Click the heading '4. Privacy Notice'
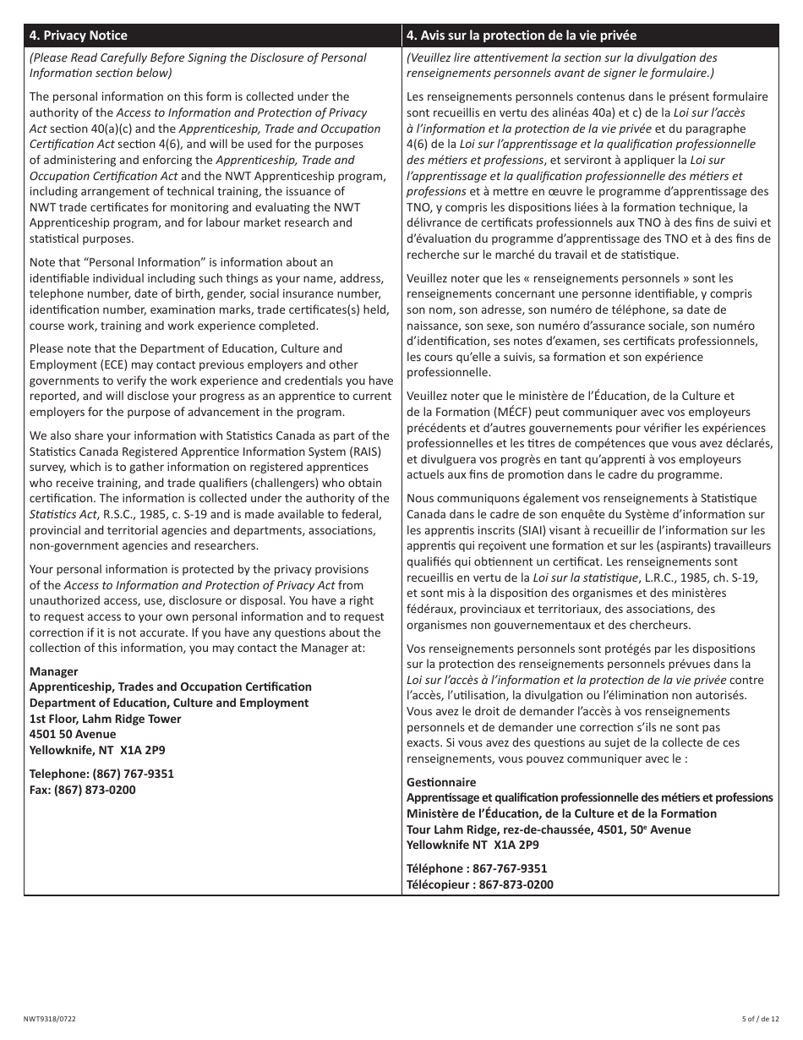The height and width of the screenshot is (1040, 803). (78, 36)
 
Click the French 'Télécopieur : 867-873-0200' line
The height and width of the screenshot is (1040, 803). (479, 884)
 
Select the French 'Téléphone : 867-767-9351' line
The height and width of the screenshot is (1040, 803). (476, 868)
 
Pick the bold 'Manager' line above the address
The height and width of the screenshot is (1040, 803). (53, 671)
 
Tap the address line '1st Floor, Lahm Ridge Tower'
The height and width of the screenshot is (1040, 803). (105, 719)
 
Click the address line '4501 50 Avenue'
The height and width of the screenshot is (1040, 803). (73, 734)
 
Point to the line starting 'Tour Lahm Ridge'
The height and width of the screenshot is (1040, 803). (548, 829)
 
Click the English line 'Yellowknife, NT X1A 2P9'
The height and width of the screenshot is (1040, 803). (97, 750)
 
